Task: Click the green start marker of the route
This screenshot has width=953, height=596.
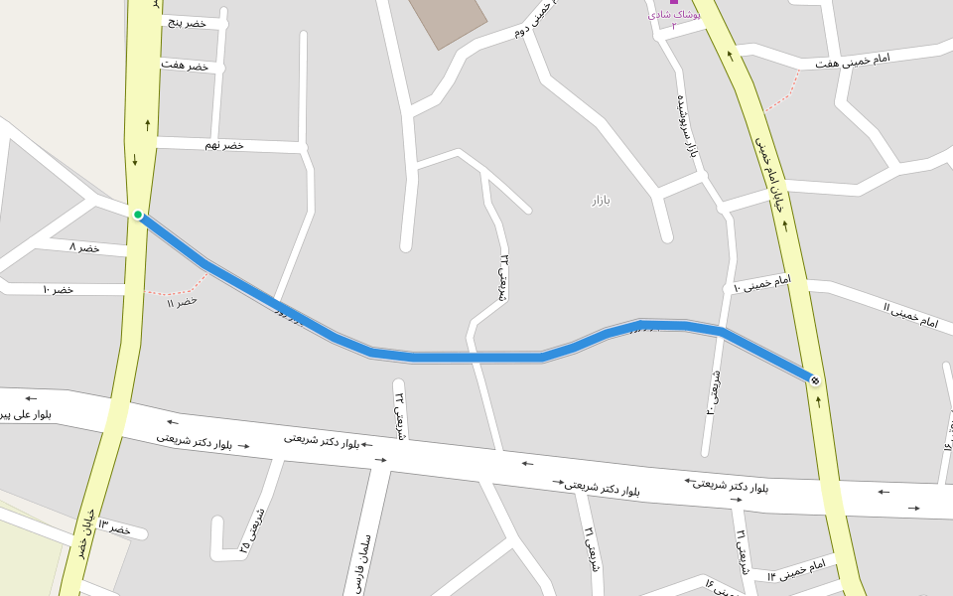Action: coord(138,215)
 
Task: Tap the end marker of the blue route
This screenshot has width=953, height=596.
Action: coord(815,380)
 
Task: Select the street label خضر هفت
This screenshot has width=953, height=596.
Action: coord(185,66)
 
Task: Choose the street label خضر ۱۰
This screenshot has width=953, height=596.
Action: coord(58,289)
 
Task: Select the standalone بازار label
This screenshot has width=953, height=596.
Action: coord(601,201)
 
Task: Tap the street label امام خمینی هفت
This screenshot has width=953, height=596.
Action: coord(853,62)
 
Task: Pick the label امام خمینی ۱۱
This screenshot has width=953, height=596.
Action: coord(910,315)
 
